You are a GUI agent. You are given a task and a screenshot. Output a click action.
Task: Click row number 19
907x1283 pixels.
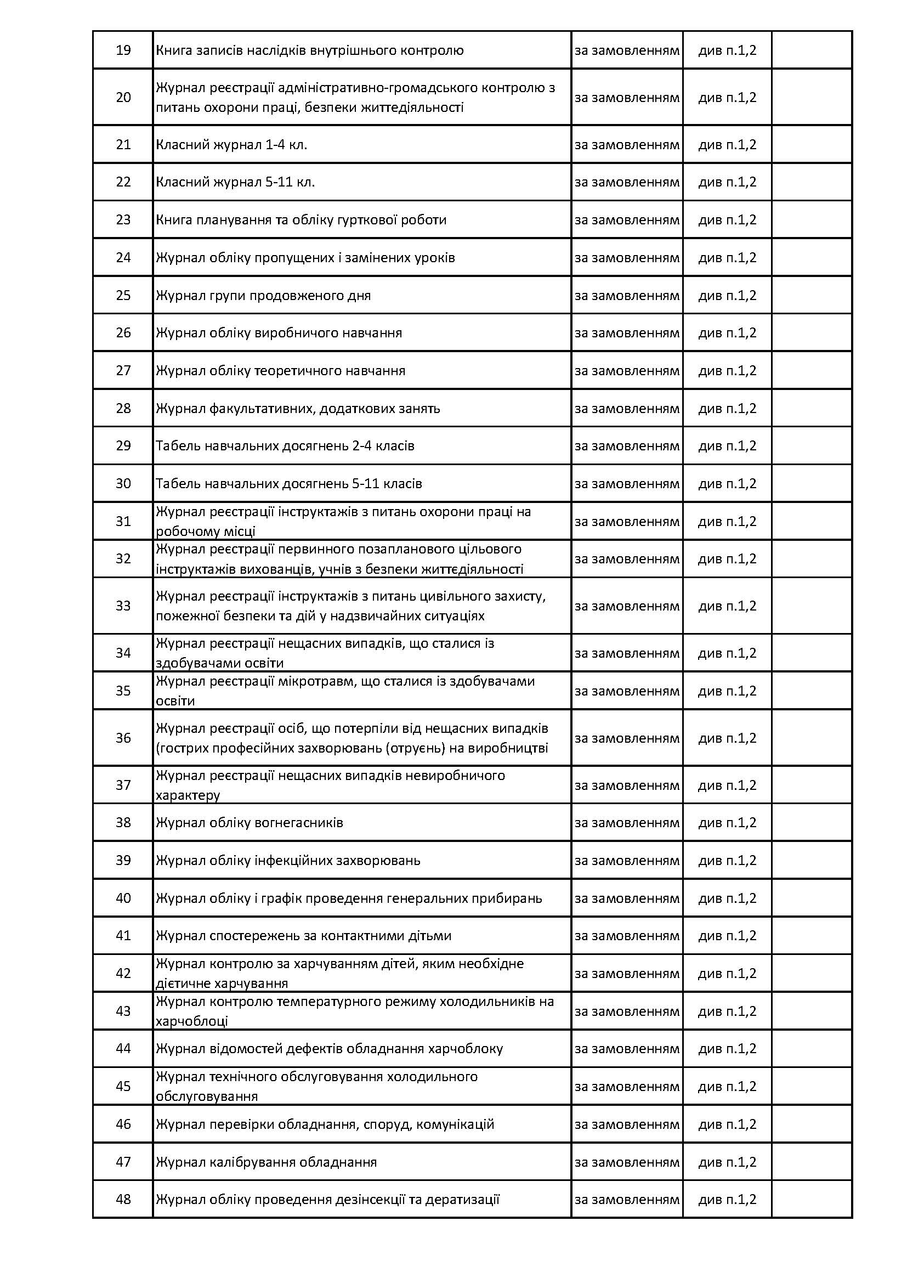pos(123,50)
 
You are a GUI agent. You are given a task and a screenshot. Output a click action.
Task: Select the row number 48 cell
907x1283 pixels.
pos(123,1199)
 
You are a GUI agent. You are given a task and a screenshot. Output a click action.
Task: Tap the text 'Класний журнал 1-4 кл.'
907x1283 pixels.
pos(231,145)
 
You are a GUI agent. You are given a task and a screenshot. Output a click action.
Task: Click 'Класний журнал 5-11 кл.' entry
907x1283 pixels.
pos(235,182)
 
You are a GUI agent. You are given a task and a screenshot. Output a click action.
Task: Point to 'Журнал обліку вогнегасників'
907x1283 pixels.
pos(249,823)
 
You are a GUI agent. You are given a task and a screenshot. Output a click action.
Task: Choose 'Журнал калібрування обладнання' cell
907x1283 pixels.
pos(266,1162)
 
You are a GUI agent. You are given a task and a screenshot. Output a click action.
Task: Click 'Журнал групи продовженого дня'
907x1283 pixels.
pos(263,295)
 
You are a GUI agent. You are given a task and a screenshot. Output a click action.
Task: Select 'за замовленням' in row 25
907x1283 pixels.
pos(627,295)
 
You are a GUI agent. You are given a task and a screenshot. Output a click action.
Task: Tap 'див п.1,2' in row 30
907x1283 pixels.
pos(727,483)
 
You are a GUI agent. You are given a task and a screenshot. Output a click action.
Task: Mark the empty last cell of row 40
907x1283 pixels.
pos(812,898)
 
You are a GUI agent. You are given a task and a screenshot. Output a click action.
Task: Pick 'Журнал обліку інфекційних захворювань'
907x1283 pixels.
pos(288,860)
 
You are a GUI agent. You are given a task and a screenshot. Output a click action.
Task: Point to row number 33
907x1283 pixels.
pos(123,606)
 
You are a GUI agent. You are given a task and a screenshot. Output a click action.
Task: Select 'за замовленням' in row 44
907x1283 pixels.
pos(627,1048)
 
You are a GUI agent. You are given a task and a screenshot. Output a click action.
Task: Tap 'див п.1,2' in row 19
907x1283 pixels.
pos(727,50)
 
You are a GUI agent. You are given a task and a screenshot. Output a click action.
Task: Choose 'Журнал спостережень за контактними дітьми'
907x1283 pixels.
pos(303,935)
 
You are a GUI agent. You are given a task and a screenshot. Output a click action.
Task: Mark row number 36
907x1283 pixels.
pos(123,738)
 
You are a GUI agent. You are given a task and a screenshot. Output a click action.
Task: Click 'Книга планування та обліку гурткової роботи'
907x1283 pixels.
pos(301,219)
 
